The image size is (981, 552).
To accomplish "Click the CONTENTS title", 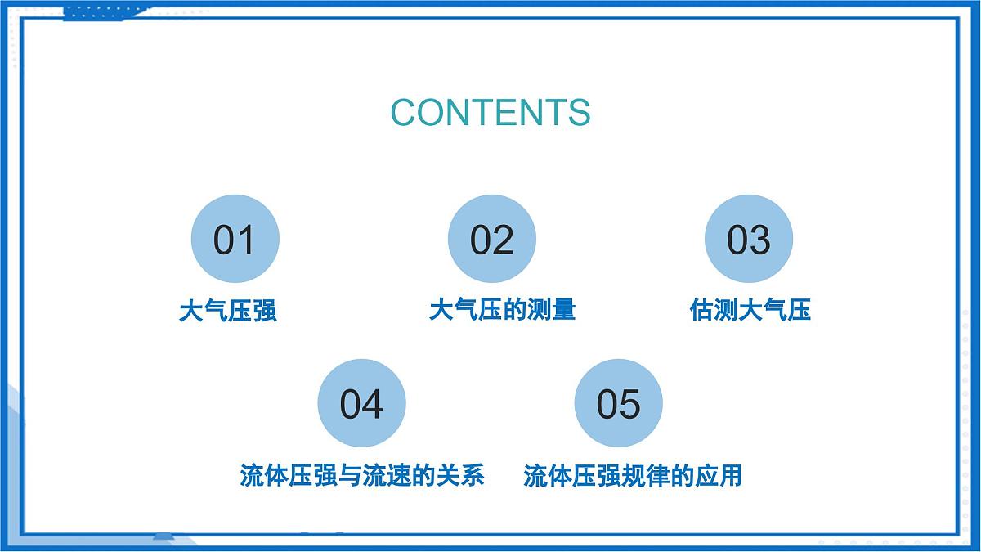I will pos(490,112).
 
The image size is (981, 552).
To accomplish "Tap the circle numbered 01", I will pos(235,240).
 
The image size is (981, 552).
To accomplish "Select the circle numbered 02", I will pos(491,240).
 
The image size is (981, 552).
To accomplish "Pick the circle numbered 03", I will pos(749,240).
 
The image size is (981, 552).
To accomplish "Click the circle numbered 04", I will pos(361,403).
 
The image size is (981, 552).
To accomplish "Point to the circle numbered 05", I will pos(619,403).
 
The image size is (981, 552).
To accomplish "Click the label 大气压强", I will pos(227,311).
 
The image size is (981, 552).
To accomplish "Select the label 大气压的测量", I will pos(502,309).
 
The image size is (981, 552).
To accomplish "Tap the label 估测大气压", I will pos(750,310).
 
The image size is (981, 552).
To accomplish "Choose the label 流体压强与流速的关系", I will pos(362,475).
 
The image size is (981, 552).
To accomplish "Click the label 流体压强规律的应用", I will pos(632,475).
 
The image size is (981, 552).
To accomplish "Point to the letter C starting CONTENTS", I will pos(404,113).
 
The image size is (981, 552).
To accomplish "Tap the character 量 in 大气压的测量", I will pos(563,309).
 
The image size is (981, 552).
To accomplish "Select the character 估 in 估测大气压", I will pos(701,310).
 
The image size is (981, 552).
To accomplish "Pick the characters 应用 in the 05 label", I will pos(718,475).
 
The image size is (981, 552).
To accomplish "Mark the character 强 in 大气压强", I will pos(264,311).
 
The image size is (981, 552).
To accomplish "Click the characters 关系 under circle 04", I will pos(460,475).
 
